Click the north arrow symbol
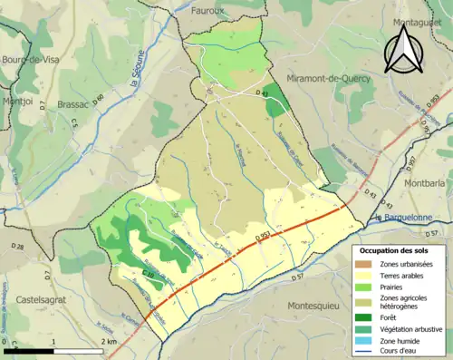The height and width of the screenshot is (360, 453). [403, 47]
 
